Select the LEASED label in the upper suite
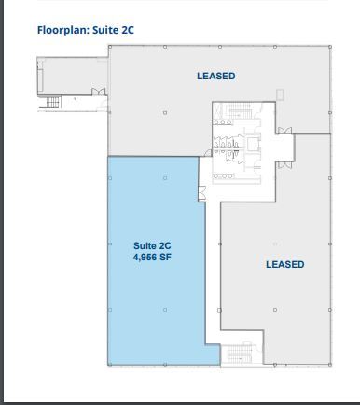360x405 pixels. pos(216,76)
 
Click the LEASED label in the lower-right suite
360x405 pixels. pos(285,264)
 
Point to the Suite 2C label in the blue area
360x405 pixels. pos(152,245)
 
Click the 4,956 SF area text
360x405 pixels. pos(152,258)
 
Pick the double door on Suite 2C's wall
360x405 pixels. pos(201,193)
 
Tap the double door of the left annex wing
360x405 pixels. pos(99,91)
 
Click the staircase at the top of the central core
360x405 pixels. pos(238,110)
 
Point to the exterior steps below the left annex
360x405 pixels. pos(53,102)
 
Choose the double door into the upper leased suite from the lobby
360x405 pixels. pos(284,131)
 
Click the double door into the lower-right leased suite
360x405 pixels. pos(284,164)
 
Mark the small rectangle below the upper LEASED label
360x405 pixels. pos(280,94)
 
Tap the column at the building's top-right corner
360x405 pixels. pos(330,47)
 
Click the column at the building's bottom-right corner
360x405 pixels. pos(330,365)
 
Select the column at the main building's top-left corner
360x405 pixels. pos(110,47)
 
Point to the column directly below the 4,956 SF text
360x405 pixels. pos(165,310)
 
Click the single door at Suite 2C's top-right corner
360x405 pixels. pos(208,153)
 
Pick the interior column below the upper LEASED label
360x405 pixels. pos(165,112)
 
